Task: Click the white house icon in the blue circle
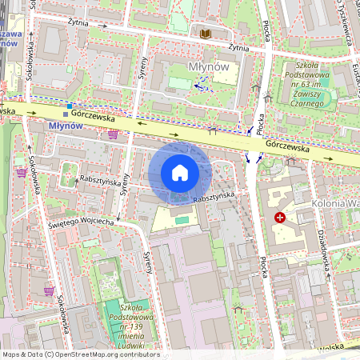point(180,173)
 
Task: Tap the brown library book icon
point(205,33)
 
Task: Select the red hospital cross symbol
point(279,218)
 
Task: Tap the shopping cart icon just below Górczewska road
point(113,134)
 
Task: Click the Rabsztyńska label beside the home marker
point(213,196)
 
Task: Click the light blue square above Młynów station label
point(70,106)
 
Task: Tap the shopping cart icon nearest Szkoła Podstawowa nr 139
point(50,290)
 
